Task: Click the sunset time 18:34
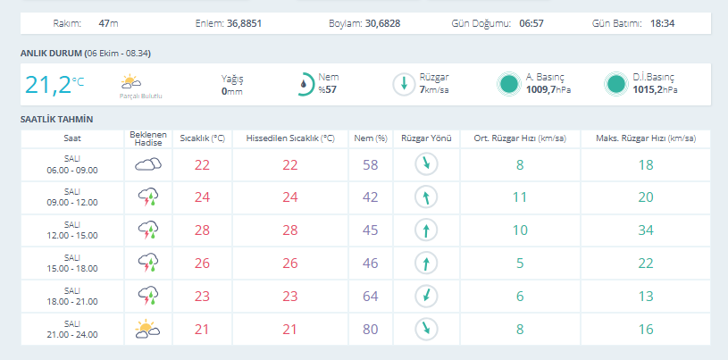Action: pyautogui.click(x=662, y=23)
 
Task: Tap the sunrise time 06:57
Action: pyautogui.click(x=531, y=23)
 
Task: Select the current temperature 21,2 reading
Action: pyautogui.click(x=48, y=85)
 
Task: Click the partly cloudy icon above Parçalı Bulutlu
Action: pyautogui.click(x=131, y=82)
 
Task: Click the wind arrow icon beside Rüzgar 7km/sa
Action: pyautogui.click(x=404, y=84)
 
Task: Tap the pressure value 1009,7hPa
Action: pyautogui.click(x=548, y=89)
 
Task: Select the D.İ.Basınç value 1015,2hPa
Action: pyautogui.click(x=655, y=89)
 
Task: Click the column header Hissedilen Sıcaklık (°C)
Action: pyautogui.click(x=290, y=138)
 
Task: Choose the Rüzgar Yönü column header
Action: pyautogui.click(x=426, y=138)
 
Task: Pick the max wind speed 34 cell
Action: pyautogui.click(x=646, y=230)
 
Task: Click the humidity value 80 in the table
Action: pyautogui.click(x=370, y=330)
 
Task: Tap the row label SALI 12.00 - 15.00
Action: pyautogui.click(x=72, y=230)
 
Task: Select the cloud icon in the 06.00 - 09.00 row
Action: pyautogui.click(x=148, y=164)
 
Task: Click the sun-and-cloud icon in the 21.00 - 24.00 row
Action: pyautogui.click(x=147, y=328)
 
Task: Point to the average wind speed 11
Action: pyautogui.click(x=520, y=197)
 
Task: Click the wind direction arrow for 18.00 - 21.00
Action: pyautogui.click(x=426, y=297)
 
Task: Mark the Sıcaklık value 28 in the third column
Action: pyautogui.click(x=202, y=230)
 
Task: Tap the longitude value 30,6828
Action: pyautogui.click(x=382, y=23)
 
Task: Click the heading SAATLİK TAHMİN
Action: pyautogui.click(x=56, y=120)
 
